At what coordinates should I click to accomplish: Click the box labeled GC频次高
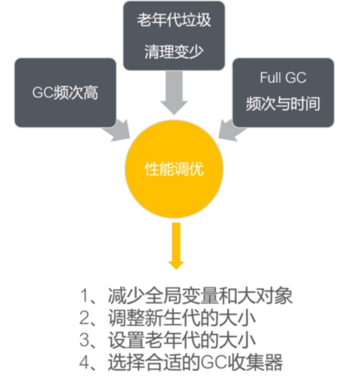(x=65, y=93)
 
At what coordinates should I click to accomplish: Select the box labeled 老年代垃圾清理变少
(x=174, y=36)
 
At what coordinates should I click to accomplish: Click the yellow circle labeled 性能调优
(x=173, y=171)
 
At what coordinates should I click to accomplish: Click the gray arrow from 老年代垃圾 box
(x=173, y=93)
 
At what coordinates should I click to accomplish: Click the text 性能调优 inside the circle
(x=173, y=170)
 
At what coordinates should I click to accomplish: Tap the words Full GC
(x=283, y=78)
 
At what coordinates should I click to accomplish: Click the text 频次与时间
(x=283, y=104)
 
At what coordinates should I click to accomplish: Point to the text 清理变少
(x=174, y=52)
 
